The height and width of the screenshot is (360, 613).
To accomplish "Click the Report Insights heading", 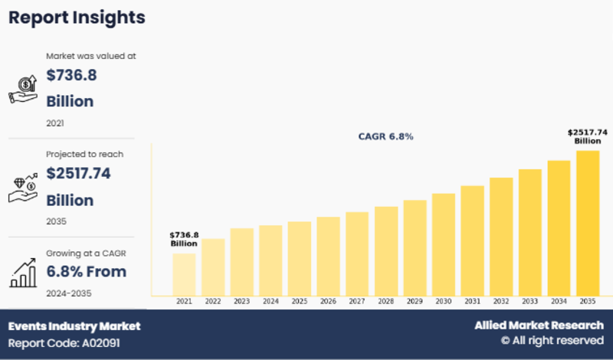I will [77, 17].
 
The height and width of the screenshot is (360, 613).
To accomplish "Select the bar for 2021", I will [184, 273].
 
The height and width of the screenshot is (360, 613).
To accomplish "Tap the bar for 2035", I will [588, 222].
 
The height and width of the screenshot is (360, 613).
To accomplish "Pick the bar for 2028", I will [386, 250].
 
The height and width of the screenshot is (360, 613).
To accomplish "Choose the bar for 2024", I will [270, 260].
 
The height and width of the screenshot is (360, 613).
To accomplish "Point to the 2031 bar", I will [472, 240].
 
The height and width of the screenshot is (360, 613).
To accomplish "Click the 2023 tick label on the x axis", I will [241, 302].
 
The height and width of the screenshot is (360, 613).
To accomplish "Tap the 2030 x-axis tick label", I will [444, 302].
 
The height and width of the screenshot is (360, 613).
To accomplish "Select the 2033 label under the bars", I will [530, 302].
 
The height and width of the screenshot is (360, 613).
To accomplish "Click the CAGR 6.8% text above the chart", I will [386, 136].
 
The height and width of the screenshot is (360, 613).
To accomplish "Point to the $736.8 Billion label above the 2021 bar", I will [184, 239].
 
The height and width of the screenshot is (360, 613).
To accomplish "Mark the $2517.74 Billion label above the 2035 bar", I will [588, 136].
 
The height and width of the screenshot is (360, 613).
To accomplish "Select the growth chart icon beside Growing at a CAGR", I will [23, 271].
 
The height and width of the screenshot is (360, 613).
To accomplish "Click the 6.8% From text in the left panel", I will [87, 271].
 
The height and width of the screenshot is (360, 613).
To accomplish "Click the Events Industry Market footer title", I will [74, 326].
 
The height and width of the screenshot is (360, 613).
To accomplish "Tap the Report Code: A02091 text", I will [64, 343].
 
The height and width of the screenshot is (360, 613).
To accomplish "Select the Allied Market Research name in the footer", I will [539, 326].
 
